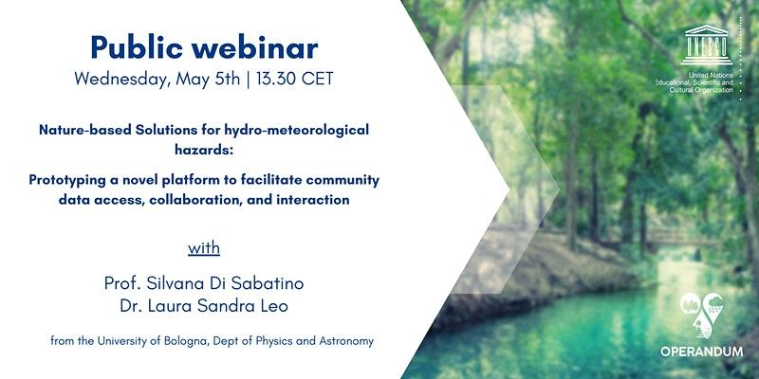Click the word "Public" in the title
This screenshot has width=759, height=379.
pyautogui.click(x=136, y=48)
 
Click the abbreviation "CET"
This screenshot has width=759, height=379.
pyautogui.click(x=318, y=78)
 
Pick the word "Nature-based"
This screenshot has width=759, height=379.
pyautogui.click(x=85, y=130)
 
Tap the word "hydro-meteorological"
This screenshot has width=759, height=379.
pyautogui.click(x=296, y=130)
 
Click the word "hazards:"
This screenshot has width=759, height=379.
pyautogui.click(x=204, y=150)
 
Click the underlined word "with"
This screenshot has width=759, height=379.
pyautogui.click(x=204, y=248)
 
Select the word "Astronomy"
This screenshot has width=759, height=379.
pyautogui.click(x=346, y=341)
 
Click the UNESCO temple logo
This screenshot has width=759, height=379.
pyautogui.click(x=706, y=45)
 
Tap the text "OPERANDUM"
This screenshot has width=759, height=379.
pyautogui.click(x=701, y=352)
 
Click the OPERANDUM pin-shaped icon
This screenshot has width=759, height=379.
pyautogui.click(x=702, y=315)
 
